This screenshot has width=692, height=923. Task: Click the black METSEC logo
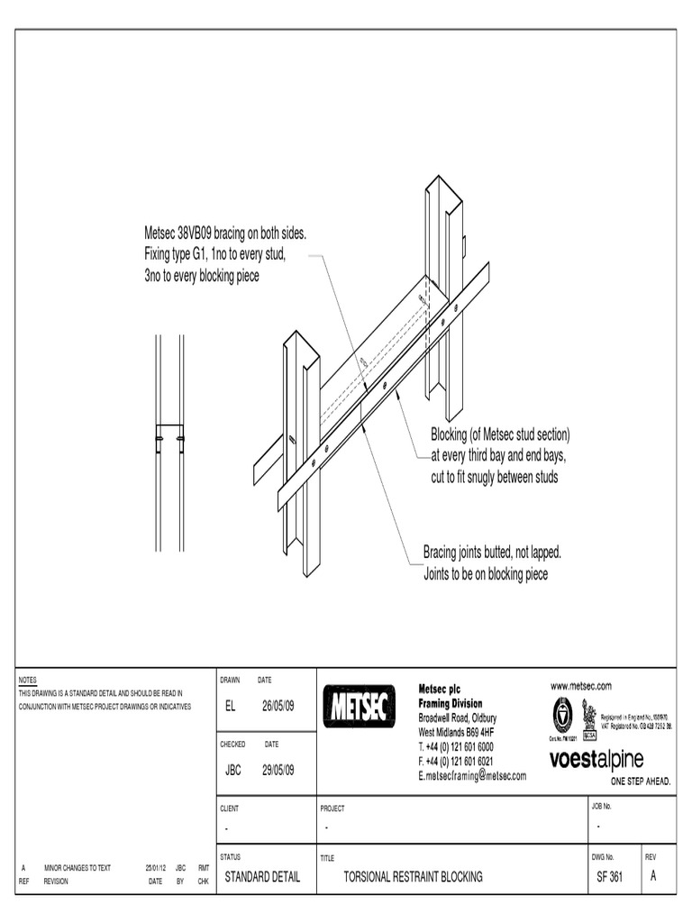coord(359,706)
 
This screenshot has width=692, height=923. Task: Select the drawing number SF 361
coord(609,876)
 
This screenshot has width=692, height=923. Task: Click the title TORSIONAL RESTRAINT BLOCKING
coord(414,876)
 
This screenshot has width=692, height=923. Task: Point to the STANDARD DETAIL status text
coord(262,876)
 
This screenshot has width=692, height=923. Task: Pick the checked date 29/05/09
coord(278,770)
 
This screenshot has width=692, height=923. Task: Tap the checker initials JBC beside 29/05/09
coord(232,770)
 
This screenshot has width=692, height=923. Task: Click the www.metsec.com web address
coord(581,686)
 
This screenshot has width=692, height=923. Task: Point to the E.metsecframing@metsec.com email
coord(472,775)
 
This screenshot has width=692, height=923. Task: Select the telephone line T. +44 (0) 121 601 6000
coord(456,747)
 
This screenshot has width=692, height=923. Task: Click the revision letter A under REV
coord(653,876)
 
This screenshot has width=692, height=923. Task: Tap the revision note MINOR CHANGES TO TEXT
coord(77,868)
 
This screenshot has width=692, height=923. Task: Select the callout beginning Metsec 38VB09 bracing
coord(225,255)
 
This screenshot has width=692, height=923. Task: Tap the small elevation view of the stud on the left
coord(169,442)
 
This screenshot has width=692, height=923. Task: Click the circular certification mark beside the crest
coord(562,714)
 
